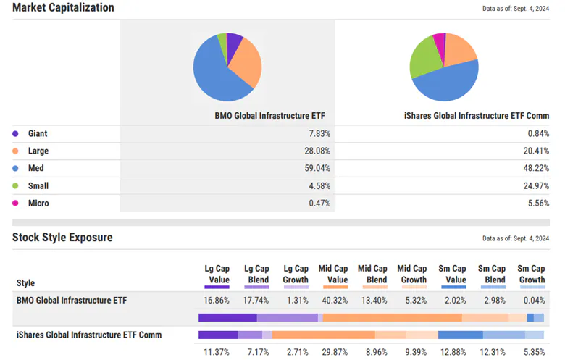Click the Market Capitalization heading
63,8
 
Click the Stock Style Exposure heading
62,238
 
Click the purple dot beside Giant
16,134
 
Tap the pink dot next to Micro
16,204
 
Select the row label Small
38,186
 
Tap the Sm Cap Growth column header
532,274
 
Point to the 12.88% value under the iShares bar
453,352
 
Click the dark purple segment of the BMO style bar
227,317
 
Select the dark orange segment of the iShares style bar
323,335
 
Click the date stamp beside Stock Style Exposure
515,238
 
